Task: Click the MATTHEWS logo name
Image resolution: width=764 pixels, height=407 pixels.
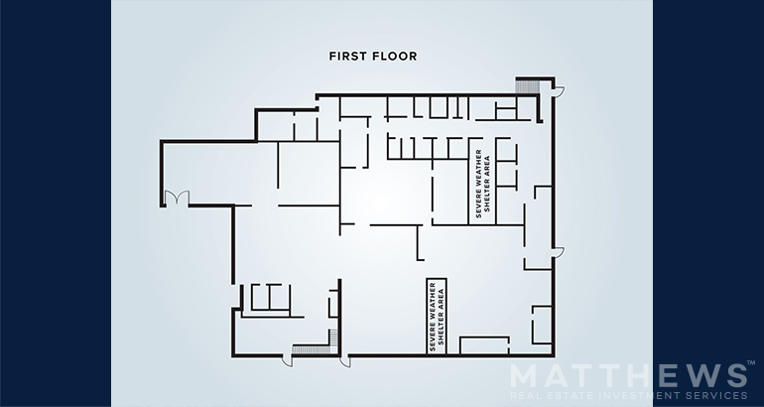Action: (628, 377)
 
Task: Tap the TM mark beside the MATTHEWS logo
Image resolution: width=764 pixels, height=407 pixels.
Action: (751, 363)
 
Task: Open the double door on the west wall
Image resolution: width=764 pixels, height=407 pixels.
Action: (177, 198)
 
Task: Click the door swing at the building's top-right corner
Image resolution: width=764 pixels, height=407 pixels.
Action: (559, 91)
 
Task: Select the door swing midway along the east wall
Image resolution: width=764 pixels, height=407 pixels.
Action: (559, 252)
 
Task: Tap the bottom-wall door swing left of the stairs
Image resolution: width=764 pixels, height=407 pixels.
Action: (287, 361)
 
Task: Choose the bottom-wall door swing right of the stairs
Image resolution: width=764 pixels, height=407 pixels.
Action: (344, 361)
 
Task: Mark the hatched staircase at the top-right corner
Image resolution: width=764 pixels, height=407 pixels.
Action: (527, 86)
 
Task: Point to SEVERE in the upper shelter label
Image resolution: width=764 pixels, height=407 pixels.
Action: (478, 206)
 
